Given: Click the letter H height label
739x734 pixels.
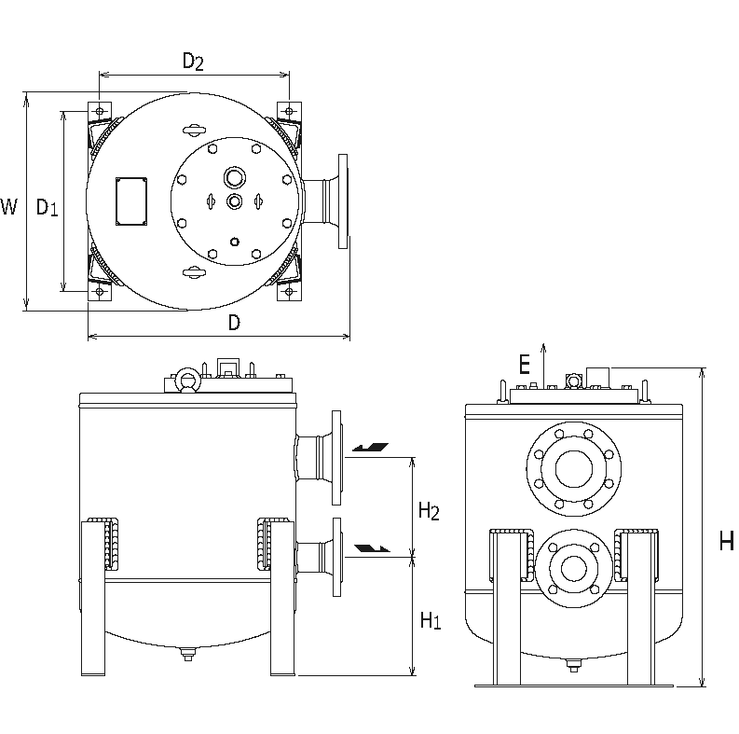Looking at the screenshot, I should pyautogui.click(x=726, y=541).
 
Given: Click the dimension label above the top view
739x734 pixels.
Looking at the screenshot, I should pyautogui.click(x=193, y=63).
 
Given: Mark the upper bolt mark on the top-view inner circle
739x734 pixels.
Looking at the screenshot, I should pyautogui.click(x=194, y=129).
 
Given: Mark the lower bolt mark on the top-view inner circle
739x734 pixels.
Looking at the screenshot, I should pyautogui.click(x=194, y=271).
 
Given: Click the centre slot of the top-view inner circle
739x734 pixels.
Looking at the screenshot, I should pyautogui.click(x=233, y=199).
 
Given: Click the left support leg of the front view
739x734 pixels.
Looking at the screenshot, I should pyautogui.click(x=97, y=597).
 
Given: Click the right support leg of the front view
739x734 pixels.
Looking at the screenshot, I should pyautogui.click(x=282, y=597).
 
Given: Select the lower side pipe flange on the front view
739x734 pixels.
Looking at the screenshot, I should pyautogui.click(x=332, y=557).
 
